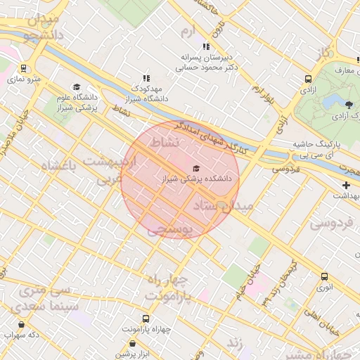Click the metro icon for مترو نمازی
pos(24,69)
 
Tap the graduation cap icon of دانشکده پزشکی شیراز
pos(195,168)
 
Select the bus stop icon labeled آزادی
pos(308,79)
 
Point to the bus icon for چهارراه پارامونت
pos(146,318)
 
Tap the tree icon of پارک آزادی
pos(349,104)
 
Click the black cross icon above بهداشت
pos(346,185)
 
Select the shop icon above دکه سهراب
pos(21,325)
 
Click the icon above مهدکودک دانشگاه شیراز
pos(146,79)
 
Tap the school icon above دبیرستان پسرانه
pos(205,46)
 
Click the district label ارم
pos(186,32)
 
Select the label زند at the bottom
pos(234,343)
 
